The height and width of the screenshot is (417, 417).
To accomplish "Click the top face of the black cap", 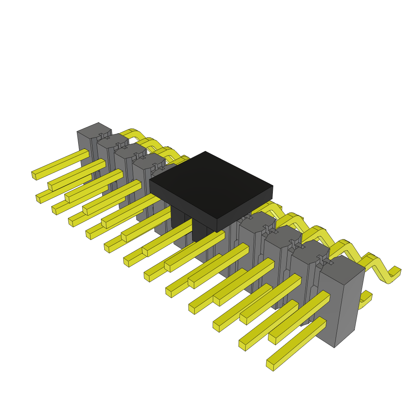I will [x=210, y=183].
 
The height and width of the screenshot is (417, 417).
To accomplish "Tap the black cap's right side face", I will [x=245, y=208].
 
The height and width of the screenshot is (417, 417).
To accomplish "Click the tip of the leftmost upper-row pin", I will [x=34, y=175].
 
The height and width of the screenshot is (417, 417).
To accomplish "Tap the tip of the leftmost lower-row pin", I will [x=38, y=199].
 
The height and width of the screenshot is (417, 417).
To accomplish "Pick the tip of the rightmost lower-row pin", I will [x=270, y=365].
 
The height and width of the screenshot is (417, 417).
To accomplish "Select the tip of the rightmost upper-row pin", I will [x=272, y=339].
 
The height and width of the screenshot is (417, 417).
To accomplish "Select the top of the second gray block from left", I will [x=112, y=141].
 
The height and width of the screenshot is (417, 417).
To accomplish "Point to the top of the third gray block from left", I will [x=129, y=150].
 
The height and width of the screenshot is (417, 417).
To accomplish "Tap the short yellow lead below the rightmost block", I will [x=365, y=299].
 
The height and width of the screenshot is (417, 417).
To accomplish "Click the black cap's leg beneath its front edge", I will [x=200, y=232].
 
